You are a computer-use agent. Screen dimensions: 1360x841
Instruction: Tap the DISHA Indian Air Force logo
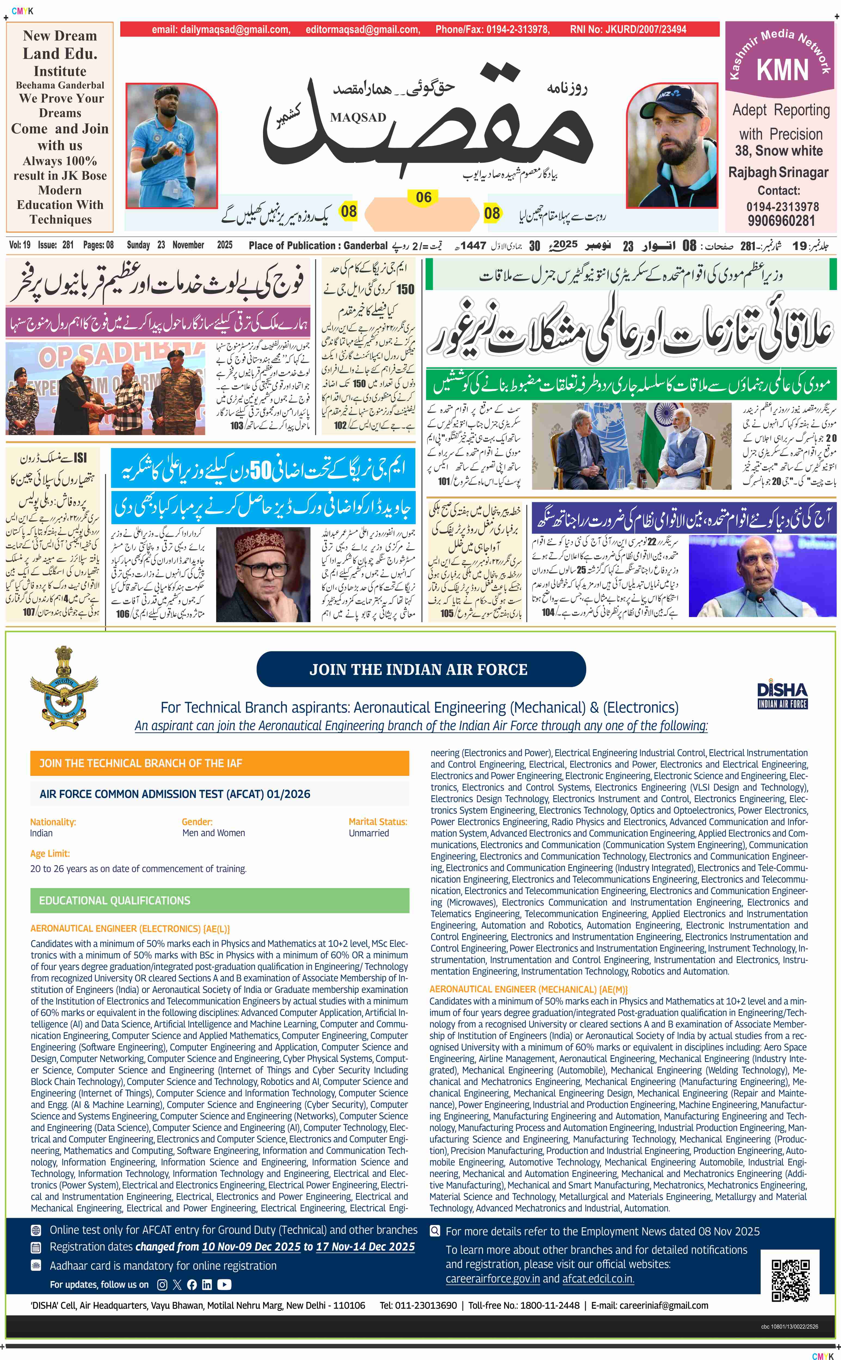point(782,695)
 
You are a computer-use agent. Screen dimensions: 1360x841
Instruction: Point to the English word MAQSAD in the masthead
point(358,117)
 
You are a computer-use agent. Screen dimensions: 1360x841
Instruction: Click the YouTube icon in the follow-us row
point(224,1284)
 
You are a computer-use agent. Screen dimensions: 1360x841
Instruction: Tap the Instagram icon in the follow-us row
point(162,1284)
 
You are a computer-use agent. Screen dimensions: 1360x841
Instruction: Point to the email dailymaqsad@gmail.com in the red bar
point(221,29)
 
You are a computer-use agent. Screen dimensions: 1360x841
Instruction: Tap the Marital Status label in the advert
point(378,822)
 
